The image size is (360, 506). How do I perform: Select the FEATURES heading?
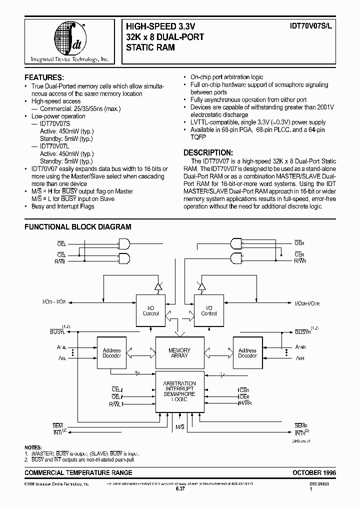tap(44, 77)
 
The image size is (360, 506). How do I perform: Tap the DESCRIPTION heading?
tap(207, 152)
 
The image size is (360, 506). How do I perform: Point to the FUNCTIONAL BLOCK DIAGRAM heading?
tap(78, 226)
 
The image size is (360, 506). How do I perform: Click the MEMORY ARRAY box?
tap(179, 353)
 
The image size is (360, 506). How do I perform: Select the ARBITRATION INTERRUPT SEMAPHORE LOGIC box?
tap(179, 391)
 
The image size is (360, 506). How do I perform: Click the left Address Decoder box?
tap(111, 353)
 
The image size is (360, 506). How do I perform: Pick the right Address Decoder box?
tap(247, 353)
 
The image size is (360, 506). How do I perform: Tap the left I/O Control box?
tap(150, 310)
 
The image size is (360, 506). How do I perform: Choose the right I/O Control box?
tap(208, 310)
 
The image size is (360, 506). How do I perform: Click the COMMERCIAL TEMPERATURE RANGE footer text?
tap(78, 472)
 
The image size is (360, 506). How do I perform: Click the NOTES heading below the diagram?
tap(34, 447)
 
